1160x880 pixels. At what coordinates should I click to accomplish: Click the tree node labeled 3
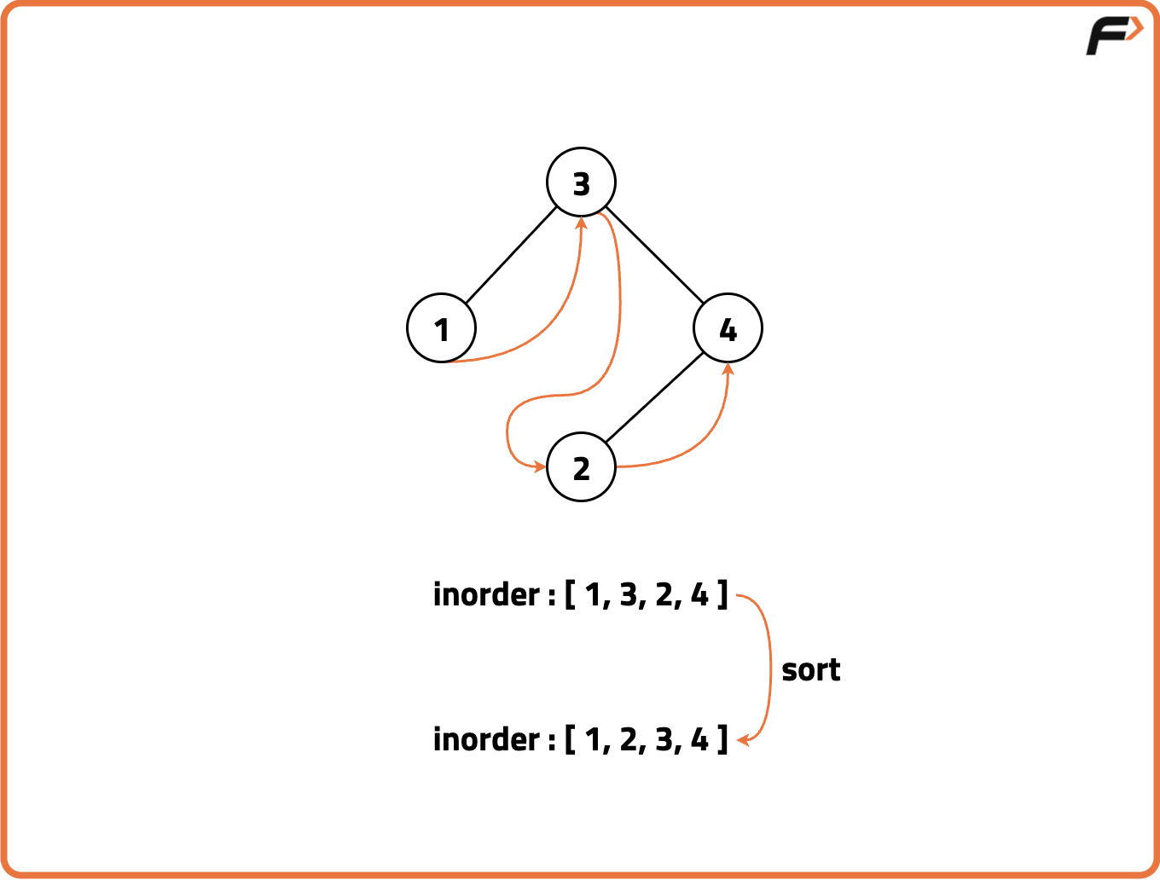(x=581, y=182)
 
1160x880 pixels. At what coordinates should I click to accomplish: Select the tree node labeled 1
(x=441, y=328)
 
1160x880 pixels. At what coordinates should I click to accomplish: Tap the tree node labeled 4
(x=728, y=328)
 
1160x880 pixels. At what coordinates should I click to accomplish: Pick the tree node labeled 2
(x=581, y=467)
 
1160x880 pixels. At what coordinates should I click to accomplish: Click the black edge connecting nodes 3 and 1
(x=511, y=255)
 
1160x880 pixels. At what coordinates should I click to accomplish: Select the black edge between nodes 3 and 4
(x=654, y=255)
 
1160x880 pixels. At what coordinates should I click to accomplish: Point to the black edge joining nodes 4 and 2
(x=654, y=397)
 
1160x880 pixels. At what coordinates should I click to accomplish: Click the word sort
(x=810, y=671)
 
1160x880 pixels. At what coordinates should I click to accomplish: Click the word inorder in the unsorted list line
(x=486, y=594)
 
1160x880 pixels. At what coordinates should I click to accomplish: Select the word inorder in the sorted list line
(x=486, y=739)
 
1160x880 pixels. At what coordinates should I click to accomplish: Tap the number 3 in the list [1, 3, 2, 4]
(x=628, y=595)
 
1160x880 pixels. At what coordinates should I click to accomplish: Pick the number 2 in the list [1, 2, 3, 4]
(x=628, y=740)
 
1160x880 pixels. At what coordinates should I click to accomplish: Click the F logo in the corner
(x=1115, y=36)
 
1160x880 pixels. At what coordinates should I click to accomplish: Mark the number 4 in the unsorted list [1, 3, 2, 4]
(x=699, y=595)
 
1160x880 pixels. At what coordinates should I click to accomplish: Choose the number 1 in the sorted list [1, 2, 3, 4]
(x=593, y=740)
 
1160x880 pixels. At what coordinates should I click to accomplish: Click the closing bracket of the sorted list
(x=723, y=740)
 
